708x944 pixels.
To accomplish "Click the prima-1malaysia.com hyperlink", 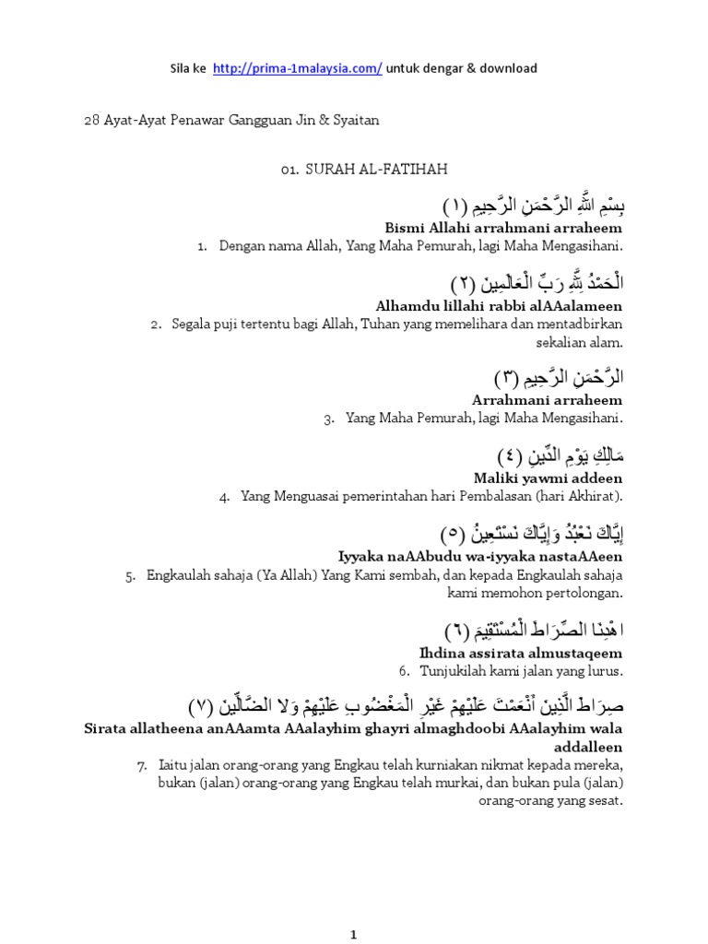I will point(297,68).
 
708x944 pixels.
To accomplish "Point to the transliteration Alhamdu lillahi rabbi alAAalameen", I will point(499,305).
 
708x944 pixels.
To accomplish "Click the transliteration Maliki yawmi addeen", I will point(548,478).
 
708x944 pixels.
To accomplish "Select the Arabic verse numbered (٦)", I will point(535,631).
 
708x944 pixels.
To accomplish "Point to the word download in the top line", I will point(505,68).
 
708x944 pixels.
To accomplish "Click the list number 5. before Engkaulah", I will point(130,575).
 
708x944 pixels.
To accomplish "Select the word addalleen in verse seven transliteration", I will point(590,746).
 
